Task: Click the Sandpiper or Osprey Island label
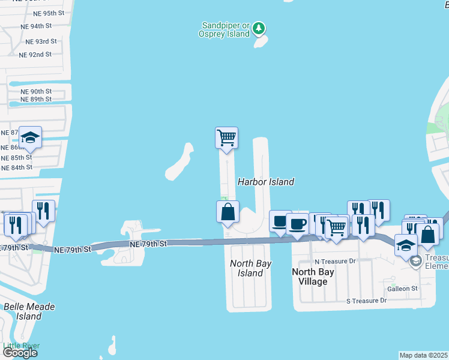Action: click(224, 29)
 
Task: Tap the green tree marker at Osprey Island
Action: click(259, 28)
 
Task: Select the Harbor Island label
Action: click(266, 182)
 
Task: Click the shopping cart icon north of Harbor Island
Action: click(227, 138)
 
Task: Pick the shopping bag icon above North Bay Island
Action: click(228, 212)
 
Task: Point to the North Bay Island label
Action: click(251, 268)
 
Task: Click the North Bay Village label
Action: click(313, 277)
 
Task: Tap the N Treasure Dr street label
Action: click(335, 262)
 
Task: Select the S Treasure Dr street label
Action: click(367, 300)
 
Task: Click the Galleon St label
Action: click(402, 289)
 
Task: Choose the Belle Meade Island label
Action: click(29, 311)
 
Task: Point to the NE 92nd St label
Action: click(35, 55)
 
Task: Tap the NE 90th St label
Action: click(36, 91)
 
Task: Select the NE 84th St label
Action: click(16, 167)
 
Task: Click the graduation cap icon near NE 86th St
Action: click(30, 137)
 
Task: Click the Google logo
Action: click(20, 353)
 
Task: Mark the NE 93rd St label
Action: click(41, 41)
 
